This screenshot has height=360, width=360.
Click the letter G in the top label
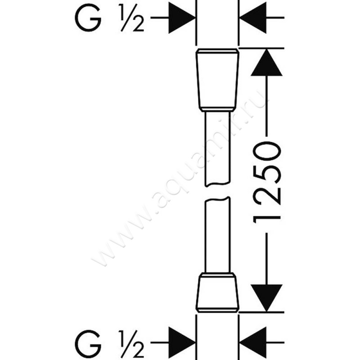88,18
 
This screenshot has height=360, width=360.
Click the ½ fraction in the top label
132,18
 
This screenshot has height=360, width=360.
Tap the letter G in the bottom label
88,344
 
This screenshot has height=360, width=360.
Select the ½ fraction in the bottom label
132,344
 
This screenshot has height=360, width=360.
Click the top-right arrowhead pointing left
252,18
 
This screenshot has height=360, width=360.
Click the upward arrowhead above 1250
266,62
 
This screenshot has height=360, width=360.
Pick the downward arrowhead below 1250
266,298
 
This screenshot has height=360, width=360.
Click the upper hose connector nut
217,80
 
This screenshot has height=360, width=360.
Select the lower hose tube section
217,234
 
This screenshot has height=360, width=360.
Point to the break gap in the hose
217,192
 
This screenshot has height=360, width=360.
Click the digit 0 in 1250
267,151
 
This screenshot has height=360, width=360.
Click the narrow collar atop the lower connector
217,275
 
